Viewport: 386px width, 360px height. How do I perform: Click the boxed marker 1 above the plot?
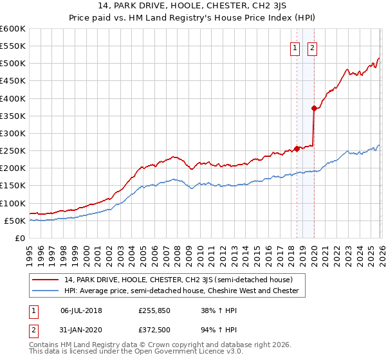click(295, 47)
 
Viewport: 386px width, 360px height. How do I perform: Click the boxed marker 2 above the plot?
click(312, 47)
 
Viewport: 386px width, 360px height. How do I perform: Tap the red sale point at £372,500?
click(314, 108)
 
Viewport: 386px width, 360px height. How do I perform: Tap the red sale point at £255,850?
click(297, 148)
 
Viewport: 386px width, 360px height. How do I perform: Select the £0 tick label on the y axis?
click(20, 238)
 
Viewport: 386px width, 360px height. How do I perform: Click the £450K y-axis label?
click(13, 81)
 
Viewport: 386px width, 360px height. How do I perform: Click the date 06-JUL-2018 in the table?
click(81, 310)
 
